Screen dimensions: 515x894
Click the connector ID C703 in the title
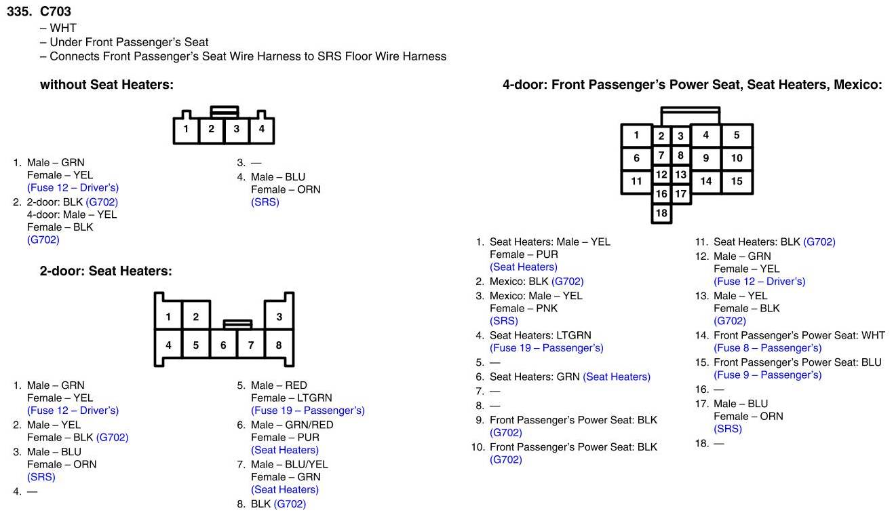56,12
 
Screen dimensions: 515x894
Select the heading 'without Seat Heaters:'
106,85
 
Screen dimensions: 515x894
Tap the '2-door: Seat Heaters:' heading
106,271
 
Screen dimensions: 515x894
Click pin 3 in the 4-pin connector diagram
236,129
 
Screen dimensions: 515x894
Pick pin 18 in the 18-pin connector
661,213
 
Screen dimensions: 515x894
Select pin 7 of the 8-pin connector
251,345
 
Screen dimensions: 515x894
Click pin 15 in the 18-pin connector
737,181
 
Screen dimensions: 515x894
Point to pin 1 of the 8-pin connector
168,316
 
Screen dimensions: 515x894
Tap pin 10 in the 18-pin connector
737,158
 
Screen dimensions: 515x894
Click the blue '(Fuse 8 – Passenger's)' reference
767,348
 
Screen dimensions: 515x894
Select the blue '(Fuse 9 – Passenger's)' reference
767,375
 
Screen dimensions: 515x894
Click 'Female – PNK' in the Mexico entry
524,308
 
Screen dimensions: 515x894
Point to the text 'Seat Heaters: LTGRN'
540,335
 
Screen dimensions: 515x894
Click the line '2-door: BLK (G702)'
72,202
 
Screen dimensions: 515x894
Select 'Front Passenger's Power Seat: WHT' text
799,335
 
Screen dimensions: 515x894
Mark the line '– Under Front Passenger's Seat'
124,42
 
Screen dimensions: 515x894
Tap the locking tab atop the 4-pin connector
224,110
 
